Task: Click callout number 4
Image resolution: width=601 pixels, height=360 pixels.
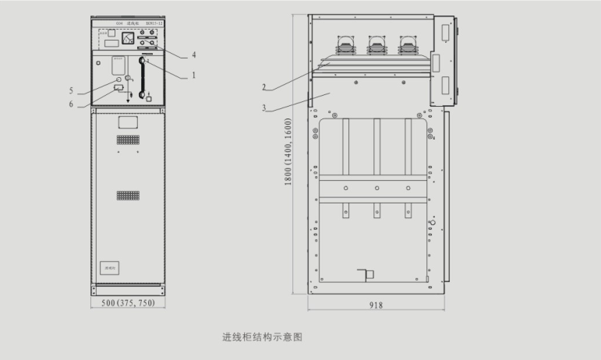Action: click(193, 55)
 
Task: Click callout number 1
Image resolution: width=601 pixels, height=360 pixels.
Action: click(193, 76)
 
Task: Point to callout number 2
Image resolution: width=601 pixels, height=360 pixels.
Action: click(264, 86)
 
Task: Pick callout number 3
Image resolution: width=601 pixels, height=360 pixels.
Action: click(264, 107)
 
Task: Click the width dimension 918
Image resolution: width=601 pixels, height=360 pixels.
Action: click(376, 305)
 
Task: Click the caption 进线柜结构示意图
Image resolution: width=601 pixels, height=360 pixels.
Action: click(262, 337)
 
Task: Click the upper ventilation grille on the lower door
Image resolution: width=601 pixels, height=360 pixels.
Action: click(128, 139)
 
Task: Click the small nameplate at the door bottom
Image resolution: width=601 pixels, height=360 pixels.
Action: click(110, 267)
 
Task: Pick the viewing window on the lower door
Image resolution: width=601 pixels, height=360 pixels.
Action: click(128, 122)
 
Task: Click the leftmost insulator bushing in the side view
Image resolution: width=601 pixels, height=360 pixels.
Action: click(343, 46)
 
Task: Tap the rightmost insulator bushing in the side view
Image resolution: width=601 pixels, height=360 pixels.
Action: click(406, 46)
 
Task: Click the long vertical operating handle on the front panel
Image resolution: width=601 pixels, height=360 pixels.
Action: click(142, 78)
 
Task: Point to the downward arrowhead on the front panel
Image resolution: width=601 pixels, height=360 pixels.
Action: click(128, 102)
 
